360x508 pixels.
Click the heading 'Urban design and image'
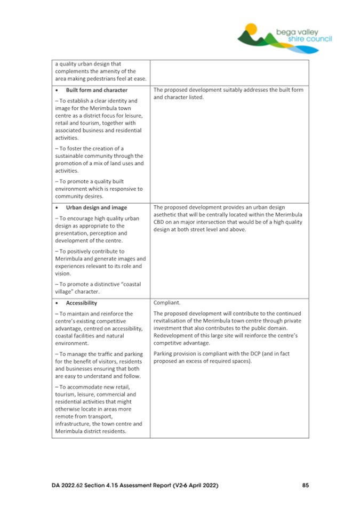click(95, 207)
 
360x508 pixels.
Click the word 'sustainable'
click(73, 156)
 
